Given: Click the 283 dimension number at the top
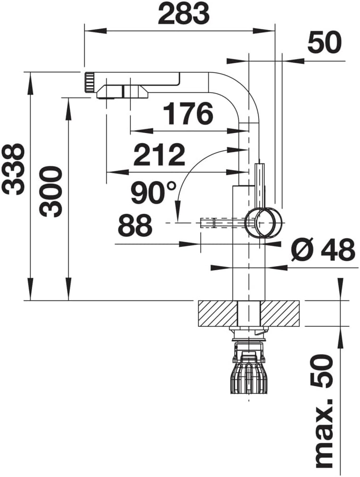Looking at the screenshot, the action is (x=184, y=13).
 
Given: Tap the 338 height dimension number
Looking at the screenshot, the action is (x=13, y=169).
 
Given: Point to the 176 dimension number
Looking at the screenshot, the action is (x=188, y=114).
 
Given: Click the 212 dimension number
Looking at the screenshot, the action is (x=159, y=154).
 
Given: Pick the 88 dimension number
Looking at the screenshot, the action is (x=135, y=225).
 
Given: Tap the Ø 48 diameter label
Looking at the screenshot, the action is (x=323, y=250).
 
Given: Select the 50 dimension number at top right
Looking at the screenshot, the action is (x=325, y=43).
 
